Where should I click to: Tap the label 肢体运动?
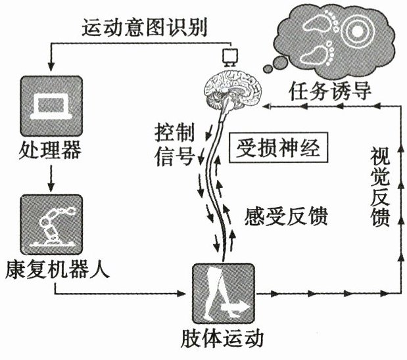pyautogui.click(x=222, y=340)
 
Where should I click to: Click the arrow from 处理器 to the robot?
pyautogui.click(x=50, y=177)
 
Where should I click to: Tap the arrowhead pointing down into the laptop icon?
pyautogui.click(x=50, y=68)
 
